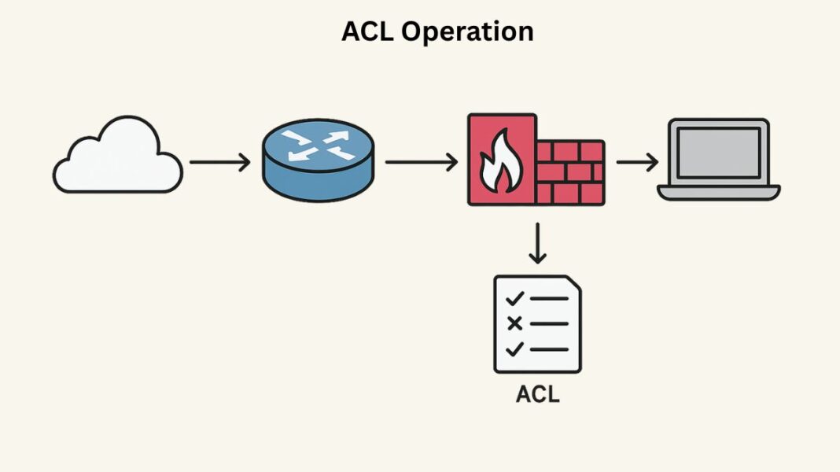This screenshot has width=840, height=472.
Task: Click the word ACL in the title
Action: [369, 31]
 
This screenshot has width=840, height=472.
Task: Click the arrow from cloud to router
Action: [219, 163]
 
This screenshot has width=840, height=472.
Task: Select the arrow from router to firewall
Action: [421, 163]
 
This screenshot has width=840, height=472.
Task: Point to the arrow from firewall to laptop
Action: [637, 163]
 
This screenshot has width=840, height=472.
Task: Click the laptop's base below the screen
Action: [719, 193]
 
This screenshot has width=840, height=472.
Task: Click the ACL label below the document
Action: [538, 393]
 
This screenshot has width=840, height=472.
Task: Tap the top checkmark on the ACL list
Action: [515, 299]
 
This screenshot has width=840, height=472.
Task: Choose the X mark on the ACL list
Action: [515, 323]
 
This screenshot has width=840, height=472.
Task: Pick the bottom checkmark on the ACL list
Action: [515, 348]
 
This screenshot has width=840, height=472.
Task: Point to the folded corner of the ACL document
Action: [574, 283]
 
